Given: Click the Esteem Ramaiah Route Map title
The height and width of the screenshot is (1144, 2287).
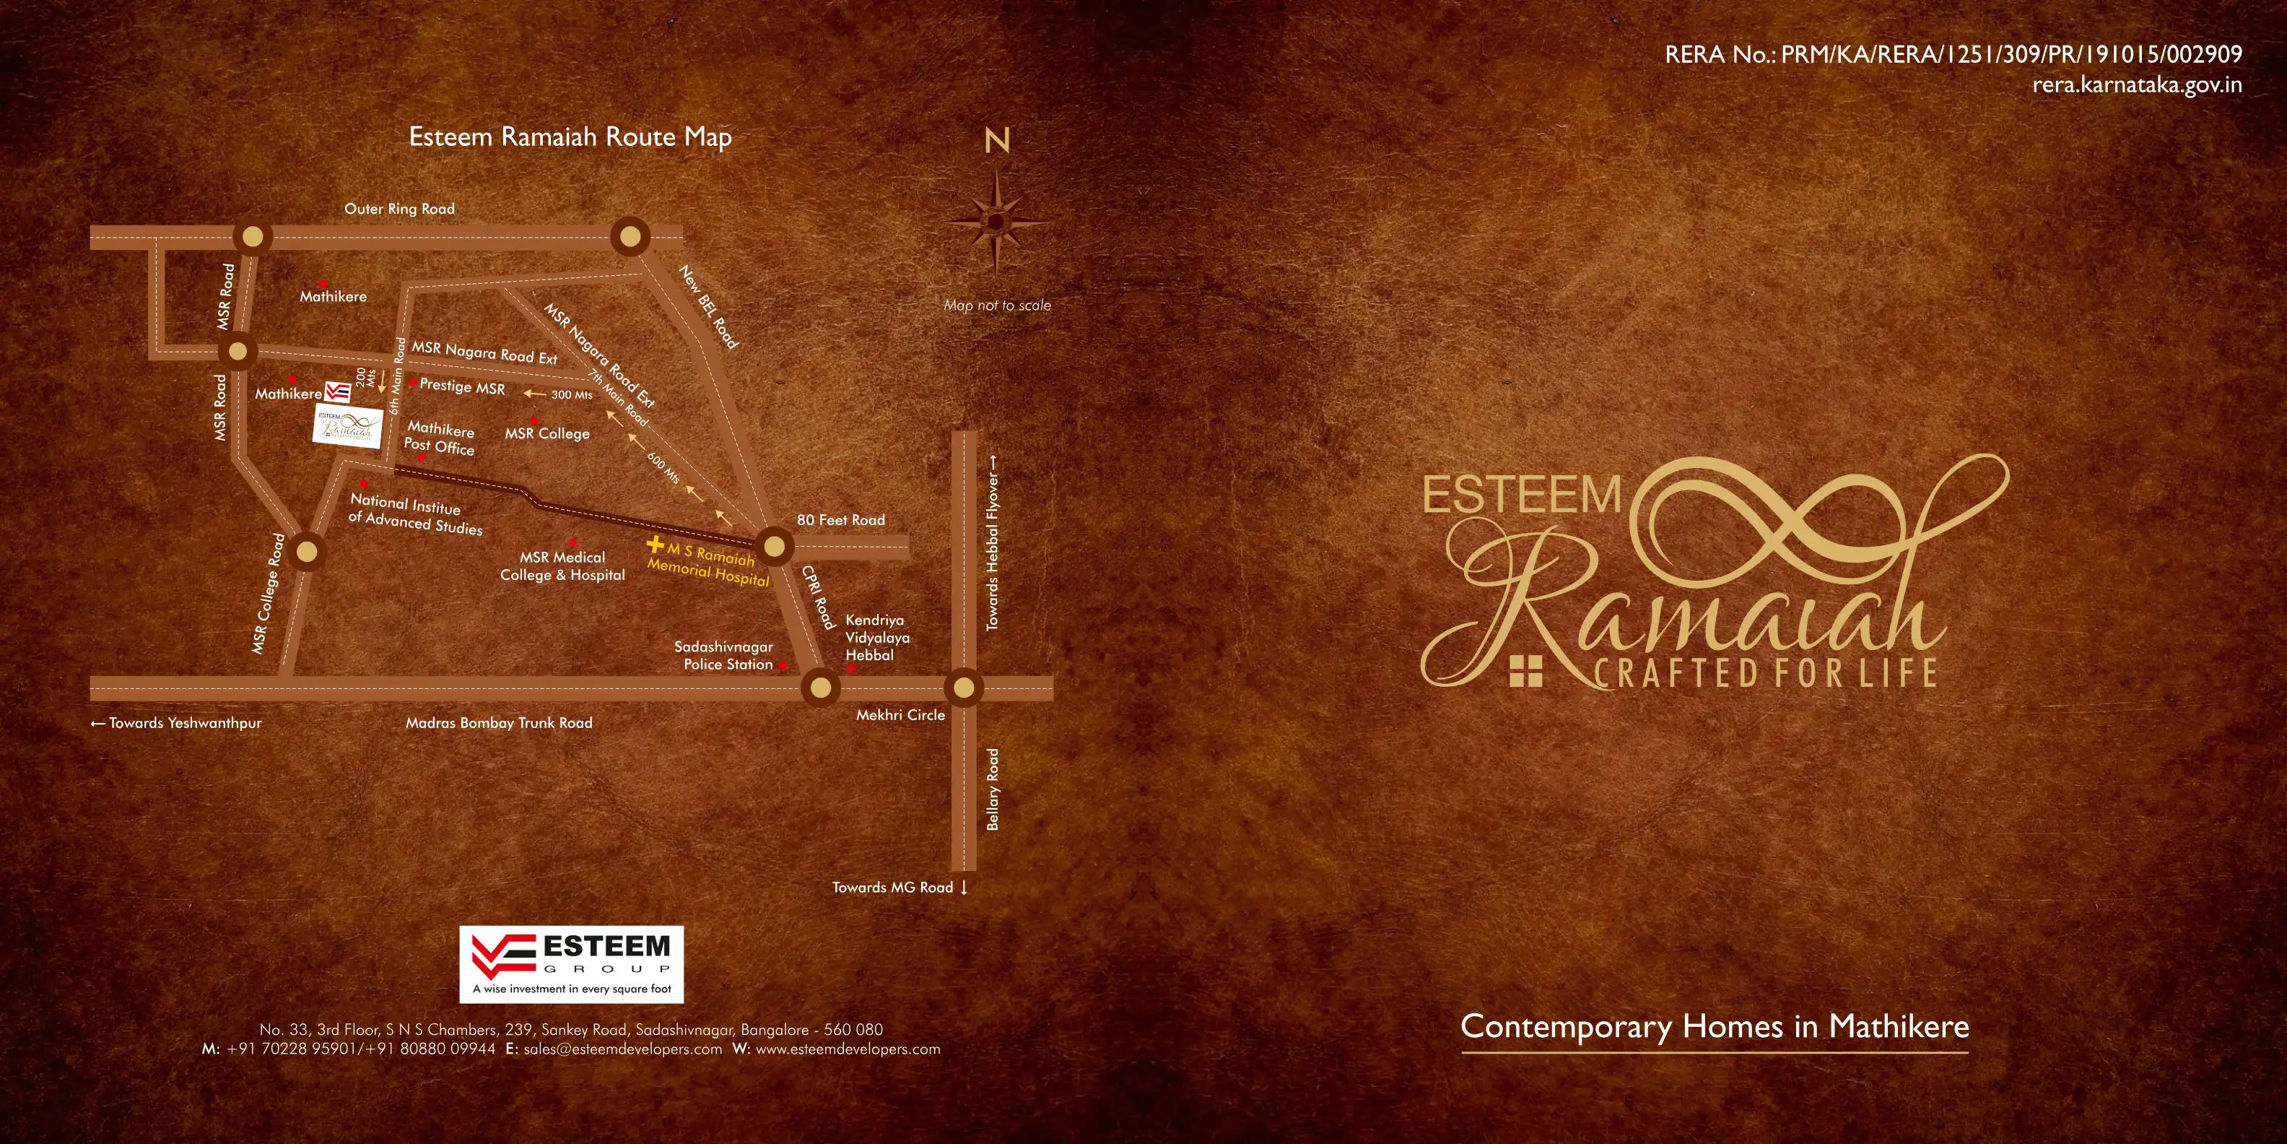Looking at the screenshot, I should tap(570, 136).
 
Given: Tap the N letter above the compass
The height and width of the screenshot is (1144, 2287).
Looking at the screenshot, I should tap(997, 140).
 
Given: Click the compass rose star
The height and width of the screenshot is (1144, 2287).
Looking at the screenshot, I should tap(996, 222).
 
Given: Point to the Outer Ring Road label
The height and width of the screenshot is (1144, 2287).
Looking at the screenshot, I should tap(399, 209).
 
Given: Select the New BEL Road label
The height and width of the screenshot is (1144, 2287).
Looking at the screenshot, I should tap(708, 306).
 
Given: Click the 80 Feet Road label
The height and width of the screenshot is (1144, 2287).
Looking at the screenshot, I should tap(841, 519).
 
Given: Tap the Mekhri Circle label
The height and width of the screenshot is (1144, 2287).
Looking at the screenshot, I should tap(900, 715).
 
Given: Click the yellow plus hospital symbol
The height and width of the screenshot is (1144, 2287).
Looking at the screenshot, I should tap(655, 544).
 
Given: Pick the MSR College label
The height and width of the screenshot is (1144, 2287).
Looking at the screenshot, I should tap(547, 433).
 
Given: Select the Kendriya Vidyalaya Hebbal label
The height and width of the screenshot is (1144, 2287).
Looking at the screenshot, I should tap(876, 638).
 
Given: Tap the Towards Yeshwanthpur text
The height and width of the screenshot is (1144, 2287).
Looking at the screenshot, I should tap(177, 723).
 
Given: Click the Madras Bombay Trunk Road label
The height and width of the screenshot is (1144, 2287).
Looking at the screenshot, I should tap(499, 723).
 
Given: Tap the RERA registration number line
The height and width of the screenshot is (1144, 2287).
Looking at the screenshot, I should tap(1953, 55).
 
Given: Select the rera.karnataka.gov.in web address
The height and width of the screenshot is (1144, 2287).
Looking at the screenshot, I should tap(2137, 85).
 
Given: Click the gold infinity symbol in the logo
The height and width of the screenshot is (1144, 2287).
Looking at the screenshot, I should tap(1776, 515).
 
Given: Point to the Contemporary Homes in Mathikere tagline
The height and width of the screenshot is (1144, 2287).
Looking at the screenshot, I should tap(1715, 1027).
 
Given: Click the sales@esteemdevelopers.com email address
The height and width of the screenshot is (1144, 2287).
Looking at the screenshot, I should tap(622, 1049).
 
